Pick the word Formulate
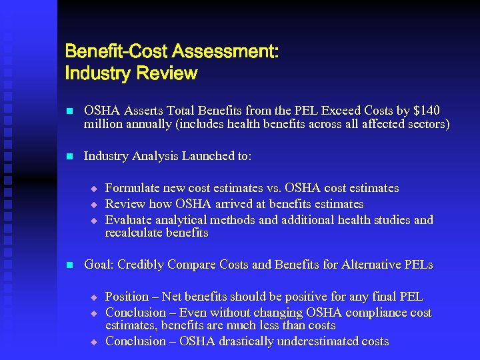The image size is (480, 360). pyautogui.click(x=135, y=188)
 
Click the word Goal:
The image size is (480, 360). pyautogui.click(x=99, y=265)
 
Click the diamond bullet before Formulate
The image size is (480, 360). pyautogui.click(x=94, y=189)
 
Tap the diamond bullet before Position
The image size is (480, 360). pyautogui.click(x=94, y=297)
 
